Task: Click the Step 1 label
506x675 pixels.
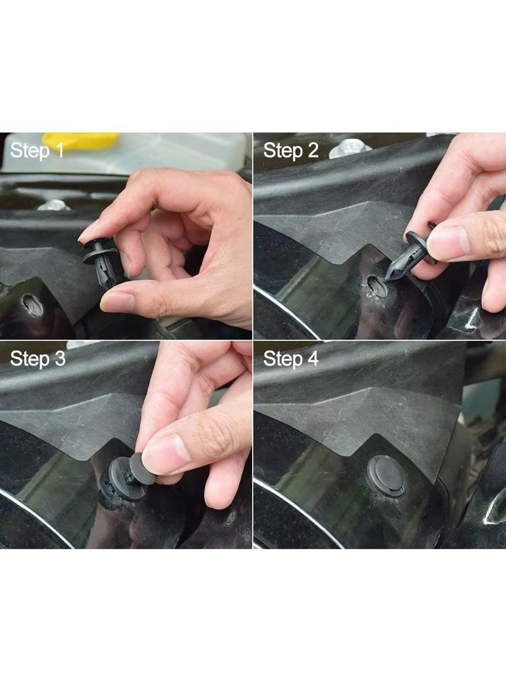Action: [37, 150]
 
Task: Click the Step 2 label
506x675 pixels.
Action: [291, 150]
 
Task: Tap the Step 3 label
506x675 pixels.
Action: [38, 358]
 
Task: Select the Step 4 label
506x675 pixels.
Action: [291, 358]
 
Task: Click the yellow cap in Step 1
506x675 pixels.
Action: [80, 141]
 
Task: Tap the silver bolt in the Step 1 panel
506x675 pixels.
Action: [54, 205]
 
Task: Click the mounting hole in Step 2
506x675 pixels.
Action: [377, 286]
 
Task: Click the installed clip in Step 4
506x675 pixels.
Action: [387, 476]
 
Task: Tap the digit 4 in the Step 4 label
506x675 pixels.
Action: [312, 358]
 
